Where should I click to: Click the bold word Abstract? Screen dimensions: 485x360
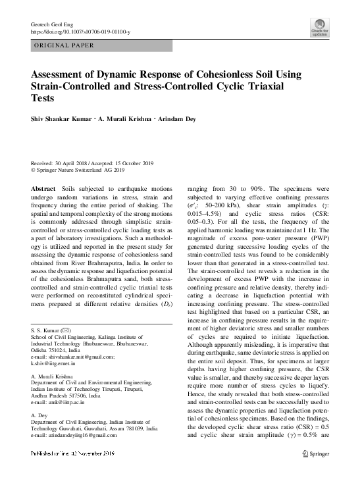[x=43, y=188]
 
